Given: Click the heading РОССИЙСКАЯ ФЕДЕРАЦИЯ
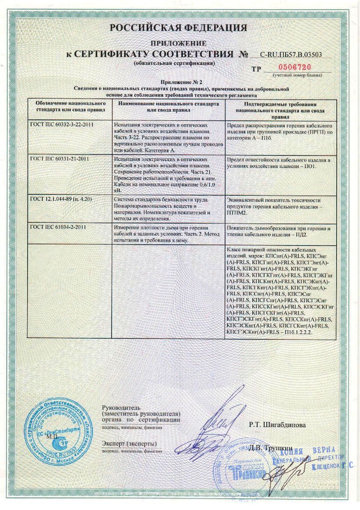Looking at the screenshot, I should (x=178, y=28).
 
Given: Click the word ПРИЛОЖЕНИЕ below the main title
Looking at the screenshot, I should (x=178, y=43).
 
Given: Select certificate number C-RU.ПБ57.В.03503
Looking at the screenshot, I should (x=290, y=55).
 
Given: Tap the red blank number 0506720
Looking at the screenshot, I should (x=295, y=67).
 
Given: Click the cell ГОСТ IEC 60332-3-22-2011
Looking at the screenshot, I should (x=63, y=125).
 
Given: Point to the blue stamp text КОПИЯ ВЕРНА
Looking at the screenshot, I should (x=311, y=450).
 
